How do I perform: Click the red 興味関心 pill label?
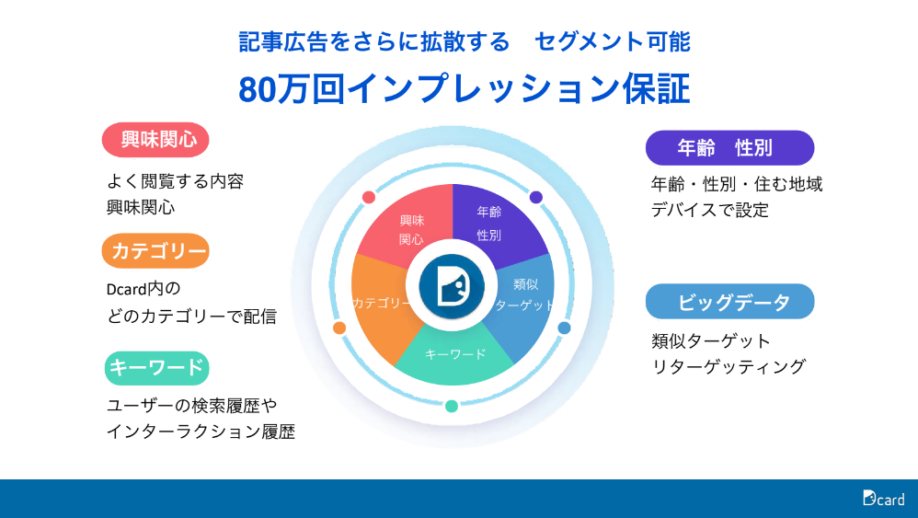click(155, 140)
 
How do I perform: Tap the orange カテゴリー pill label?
click(155, 251)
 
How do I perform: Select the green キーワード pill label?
click(157, 368)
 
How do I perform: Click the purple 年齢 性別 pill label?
click(729, 148)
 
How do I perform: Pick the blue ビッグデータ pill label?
click(729, 302)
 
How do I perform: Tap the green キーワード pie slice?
click(454, 354)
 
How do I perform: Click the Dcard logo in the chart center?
click(452, 286)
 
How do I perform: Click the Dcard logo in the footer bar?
click(883, 498)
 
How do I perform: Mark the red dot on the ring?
click(369, 197)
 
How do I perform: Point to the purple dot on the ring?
click(535, 197)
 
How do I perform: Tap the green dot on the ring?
click(452, 406)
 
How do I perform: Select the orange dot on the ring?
click(339, 328)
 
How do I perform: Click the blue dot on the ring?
click(565, 328)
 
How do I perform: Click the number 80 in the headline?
click(257, 89)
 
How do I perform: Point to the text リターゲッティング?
click(729, 367)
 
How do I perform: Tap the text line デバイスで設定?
click(709, 210)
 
